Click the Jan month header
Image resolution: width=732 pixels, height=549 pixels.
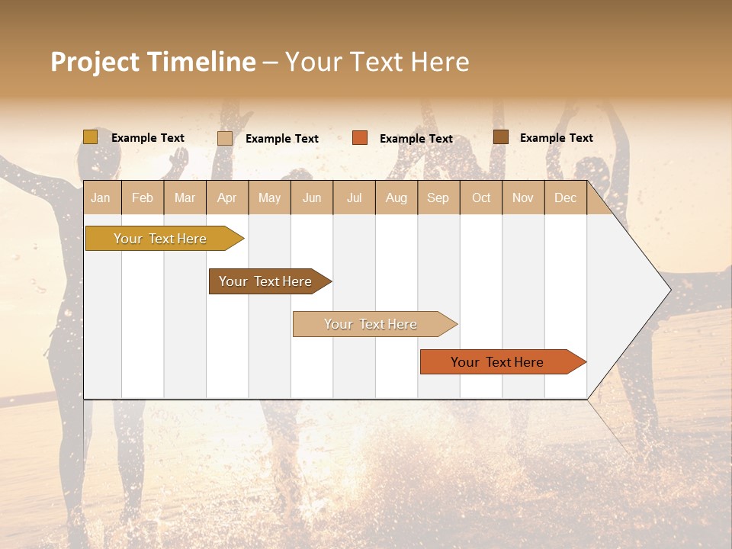pyautogui.click(x=101, y=197)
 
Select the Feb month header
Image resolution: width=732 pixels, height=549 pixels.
pyautogui.click(x=143, y=197)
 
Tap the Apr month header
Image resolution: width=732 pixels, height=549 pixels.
pyautogui.click(x=227, y=197)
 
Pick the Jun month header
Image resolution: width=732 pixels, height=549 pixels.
pyautogui.click(x=312, y=197)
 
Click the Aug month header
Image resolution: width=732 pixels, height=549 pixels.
pyautogui.click(x=396, y=197)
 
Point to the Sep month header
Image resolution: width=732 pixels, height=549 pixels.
pyautogui.click(x=438, y=197)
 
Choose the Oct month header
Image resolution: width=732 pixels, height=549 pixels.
pyautogui.click(x=481, y=197)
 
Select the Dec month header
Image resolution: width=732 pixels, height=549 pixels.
pyautogui.click(x=566, y=197)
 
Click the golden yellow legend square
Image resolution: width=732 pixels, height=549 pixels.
pyautogui.click(x=90, y=137)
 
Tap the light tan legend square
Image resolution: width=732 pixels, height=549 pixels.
pyautogui.click(x=225, y=138)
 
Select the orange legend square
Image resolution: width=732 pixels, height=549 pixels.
pyautogui.click(x=360, y=138)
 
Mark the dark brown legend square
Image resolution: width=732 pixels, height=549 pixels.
pyautogui.click(x=500, y=137)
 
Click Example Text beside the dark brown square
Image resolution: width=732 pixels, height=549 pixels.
pyautogui.click(x=557, y=138)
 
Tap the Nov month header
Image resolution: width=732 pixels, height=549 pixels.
pyautogui.click(x=523, y=197)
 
